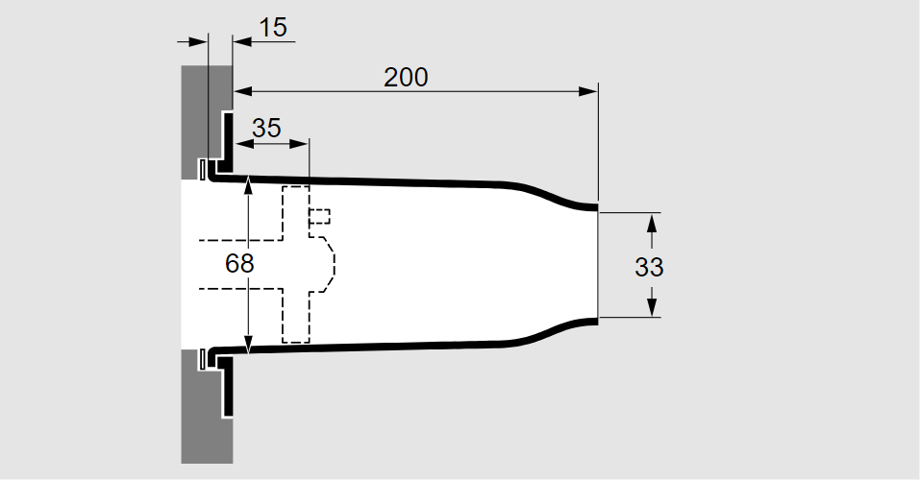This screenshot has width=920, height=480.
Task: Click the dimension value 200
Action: (x=406, y=78)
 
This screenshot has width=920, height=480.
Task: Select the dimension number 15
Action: (x=273, y=28)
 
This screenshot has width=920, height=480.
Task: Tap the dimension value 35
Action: (x=266, y=128)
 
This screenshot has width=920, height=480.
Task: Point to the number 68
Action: (x=239, y=264)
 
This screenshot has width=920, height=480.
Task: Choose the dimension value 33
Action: (x=650, y=267)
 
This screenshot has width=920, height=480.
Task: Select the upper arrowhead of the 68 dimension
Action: (x=249, y=183)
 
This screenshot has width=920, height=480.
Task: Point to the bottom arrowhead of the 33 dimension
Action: (x=652, y=308)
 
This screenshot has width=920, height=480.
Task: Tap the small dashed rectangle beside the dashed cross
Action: (x=320, y=216)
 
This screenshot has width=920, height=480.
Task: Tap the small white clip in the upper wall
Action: (x=203, y=169)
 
